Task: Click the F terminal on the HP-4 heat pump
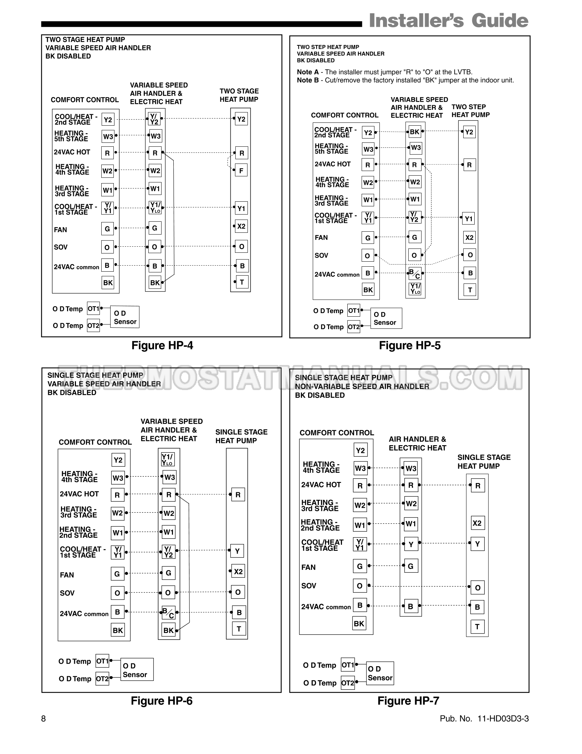241,171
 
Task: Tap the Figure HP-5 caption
409,346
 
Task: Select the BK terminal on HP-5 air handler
414,132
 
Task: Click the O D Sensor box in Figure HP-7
380,673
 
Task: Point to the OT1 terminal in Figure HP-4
93,308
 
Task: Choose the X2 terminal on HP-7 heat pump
477,523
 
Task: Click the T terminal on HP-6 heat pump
239,629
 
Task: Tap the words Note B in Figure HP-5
308,80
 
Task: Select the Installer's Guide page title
448,21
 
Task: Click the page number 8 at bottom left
44,719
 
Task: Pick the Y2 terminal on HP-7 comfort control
360,451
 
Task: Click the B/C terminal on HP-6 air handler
168,613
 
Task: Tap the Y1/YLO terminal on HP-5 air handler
415,288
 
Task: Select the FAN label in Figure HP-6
67,575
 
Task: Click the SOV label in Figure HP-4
61,247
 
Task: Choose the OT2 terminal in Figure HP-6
102,679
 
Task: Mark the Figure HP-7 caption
408,701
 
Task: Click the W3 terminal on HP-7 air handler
411,468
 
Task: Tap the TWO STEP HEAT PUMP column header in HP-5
470,111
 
